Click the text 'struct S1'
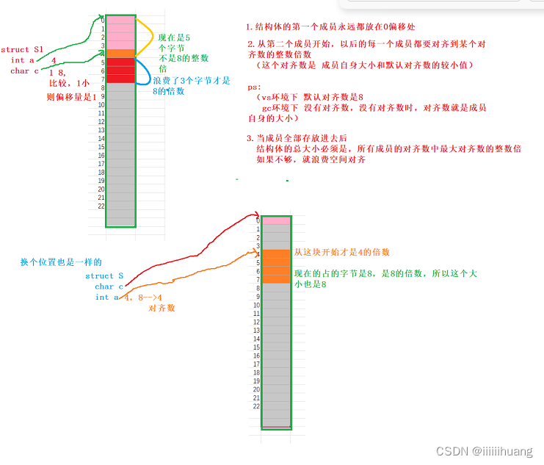click(23, 50)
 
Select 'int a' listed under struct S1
click(23, 60)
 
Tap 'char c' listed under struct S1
click(25, 71)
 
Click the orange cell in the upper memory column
click(120, 53)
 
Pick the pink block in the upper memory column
click(120, 32)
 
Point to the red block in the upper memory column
click(120, 70)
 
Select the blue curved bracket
click(148, 76)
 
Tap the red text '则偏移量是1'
click(71, 96)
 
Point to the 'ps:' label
click(254, 87)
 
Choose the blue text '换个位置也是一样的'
click(61, 262)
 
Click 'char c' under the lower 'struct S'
click(109, 286)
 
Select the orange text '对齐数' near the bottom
click(162, 309)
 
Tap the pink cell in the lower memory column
click(277, 220)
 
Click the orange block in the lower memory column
click(277, 266)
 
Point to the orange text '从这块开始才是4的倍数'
click(341, 252)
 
